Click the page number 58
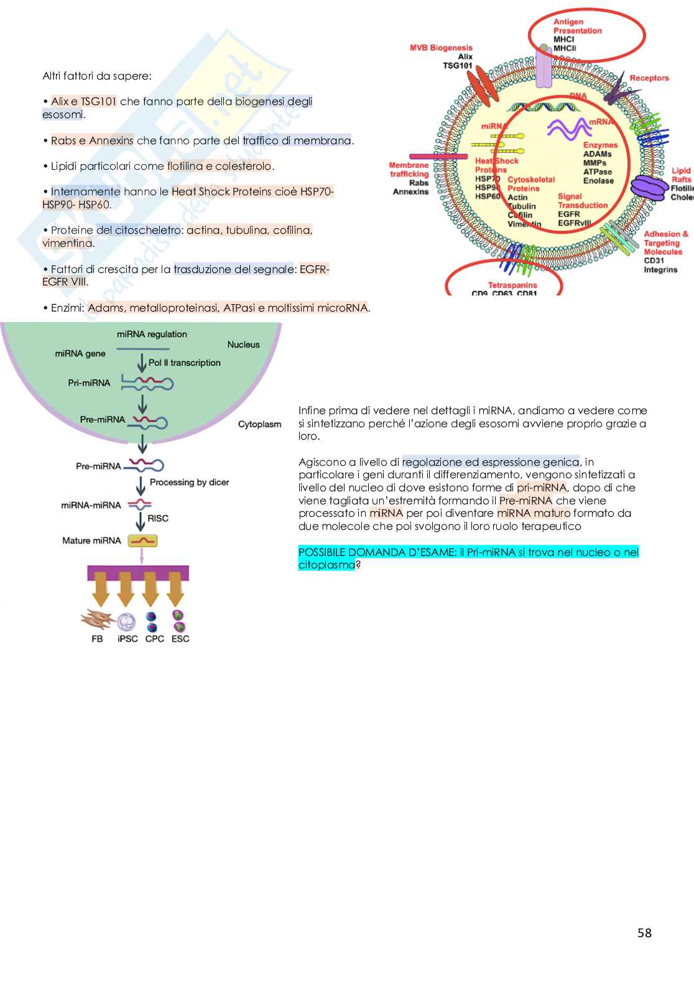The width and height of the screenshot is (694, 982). [x=644, y=933]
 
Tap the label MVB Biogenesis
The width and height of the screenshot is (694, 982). [x=441, y=48]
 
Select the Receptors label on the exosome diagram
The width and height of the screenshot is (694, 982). [x=649, y=78]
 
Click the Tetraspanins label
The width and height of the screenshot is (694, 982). [x=512, y=285]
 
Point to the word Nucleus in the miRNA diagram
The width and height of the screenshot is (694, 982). [x=243, y=345]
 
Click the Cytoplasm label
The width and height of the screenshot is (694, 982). [x=259, y=424]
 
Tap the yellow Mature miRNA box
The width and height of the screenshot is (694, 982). [x=142, y=541]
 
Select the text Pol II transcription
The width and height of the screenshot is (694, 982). [x=184, y=363]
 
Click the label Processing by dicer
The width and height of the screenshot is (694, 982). [x=189, y=483]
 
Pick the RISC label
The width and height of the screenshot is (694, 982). [x=158, y=518]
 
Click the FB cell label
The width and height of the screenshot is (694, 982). [x=97, y=639]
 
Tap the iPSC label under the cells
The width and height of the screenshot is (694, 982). [x=127, y=639]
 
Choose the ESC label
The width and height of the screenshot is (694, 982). [x=180, y=639]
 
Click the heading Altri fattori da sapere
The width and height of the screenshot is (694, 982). [x=96, y=76]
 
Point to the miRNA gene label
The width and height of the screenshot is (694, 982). [x=80, y=354]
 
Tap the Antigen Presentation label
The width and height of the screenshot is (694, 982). [x=577, y=26]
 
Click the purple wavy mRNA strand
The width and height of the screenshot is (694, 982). [x=569, y=129]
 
